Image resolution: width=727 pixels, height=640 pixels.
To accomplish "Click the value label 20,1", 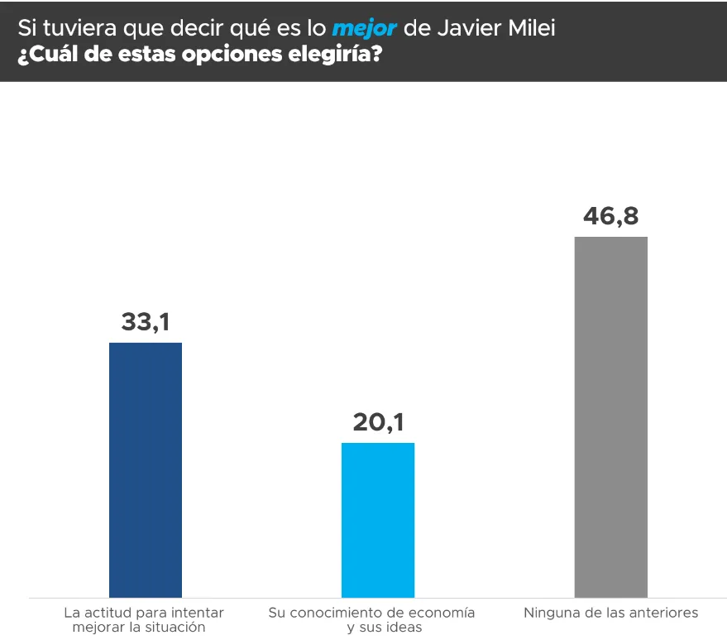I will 378,422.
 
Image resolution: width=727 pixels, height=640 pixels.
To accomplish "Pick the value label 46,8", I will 610,216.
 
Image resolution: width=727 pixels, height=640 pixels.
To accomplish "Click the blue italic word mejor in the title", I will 364,28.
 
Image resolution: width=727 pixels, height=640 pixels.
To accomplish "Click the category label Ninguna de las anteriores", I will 610,614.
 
